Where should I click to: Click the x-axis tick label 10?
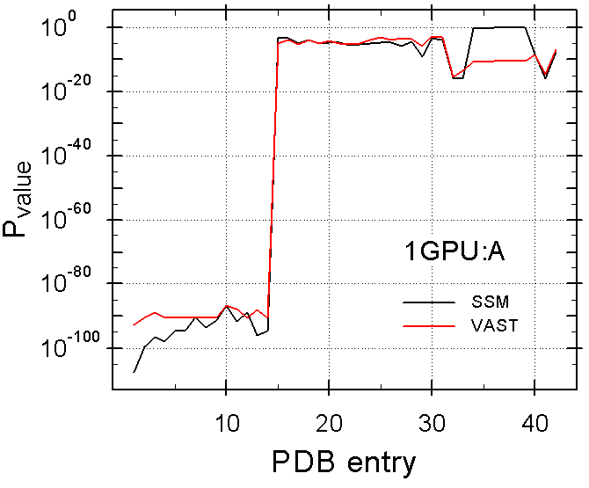[x=227, y=424]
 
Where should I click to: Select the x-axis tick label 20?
[x=329, y=424]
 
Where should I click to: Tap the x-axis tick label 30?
[x=432, y=424]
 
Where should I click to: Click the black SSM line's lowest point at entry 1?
[x=135, y=372]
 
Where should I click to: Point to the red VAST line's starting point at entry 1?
[x=135, y=325]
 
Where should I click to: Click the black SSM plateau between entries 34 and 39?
[x=501, y=27]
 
